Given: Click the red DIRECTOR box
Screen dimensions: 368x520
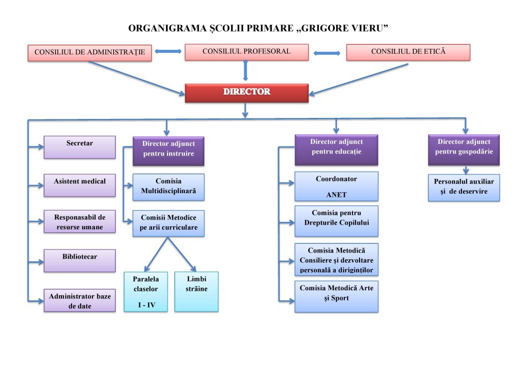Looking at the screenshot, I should (246, 93).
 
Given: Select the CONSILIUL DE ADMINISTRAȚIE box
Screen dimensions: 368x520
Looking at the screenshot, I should (89, 52).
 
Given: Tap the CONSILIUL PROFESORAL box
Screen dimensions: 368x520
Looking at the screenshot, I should (246, 52).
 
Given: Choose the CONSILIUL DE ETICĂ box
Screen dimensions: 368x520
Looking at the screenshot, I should (408, 52).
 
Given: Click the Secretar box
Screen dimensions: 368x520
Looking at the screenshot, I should (80, 147).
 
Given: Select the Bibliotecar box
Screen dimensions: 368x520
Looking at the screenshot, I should (80, 260).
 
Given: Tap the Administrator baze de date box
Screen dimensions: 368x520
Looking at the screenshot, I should (80, 300).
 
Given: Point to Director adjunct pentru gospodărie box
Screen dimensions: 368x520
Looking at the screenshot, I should (464, 149).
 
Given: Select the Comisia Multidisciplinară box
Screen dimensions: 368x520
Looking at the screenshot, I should (168, 187).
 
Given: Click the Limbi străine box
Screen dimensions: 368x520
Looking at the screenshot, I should (196, 291).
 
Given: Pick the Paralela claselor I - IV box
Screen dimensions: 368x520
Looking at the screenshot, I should (146, 291).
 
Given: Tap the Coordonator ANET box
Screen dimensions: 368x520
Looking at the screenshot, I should (336, 186).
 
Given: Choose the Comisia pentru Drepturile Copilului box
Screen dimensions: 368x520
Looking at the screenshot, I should (336, 221).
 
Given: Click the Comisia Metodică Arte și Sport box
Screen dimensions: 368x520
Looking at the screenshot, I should (336, 296).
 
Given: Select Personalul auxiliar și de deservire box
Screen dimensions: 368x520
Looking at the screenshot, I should (464, 187).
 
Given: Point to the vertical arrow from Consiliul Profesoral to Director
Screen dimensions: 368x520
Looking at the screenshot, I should (246, 70).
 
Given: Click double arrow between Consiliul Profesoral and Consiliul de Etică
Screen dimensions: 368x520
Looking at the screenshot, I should (327, 53).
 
